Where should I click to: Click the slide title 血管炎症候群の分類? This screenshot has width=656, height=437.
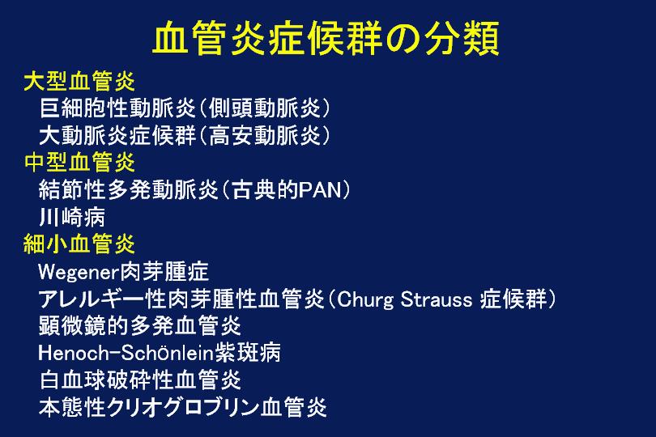pos(326,39)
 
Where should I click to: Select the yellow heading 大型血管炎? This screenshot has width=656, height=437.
pos(79,81)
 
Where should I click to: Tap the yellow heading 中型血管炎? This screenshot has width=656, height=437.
pos(79,162)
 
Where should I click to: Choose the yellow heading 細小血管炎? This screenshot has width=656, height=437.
pos(79,244)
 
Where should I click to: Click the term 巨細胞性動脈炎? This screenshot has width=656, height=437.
pos(117,108)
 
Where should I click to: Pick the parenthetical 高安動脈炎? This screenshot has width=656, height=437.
pos(264,135)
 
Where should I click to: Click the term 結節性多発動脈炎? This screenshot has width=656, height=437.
pos(129,189)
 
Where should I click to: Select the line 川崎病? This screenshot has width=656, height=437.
pos(72,217)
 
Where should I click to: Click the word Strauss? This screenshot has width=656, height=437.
pos(437,299)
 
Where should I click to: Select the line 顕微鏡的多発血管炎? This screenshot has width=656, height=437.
pos(140,325)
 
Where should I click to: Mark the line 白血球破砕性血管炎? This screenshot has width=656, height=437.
pos(140,380)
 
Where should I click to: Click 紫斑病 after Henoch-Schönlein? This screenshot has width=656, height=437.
pos(248,353)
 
